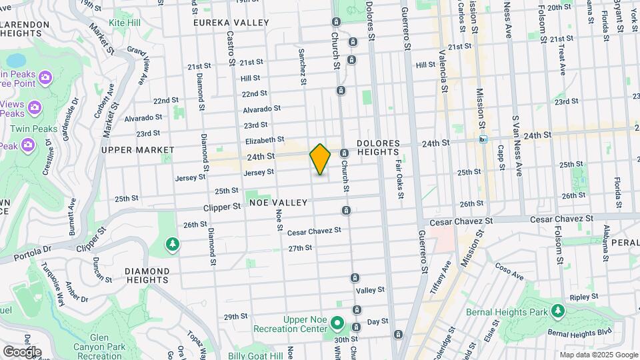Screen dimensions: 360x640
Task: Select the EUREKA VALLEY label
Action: [231, 23]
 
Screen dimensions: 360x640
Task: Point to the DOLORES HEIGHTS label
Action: [378, 148]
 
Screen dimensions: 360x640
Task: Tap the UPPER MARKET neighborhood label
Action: [128, 150]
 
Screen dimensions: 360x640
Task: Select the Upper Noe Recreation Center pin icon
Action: [338, 325]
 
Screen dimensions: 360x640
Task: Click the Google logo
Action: [22, 351]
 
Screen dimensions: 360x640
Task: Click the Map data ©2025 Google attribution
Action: [599, 355]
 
